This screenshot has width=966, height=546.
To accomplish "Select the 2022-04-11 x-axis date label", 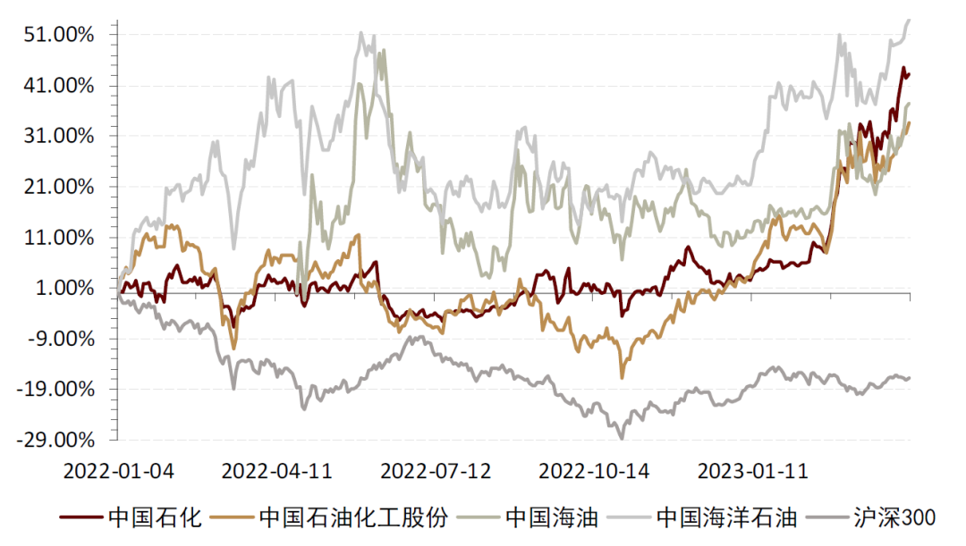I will pyautogui.click(x=276, y=470).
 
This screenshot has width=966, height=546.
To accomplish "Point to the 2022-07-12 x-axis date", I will pyautogui.click(x=436, y=470).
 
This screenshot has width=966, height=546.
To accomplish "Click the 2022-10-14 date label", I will pyautogui.click(x=595, y=470).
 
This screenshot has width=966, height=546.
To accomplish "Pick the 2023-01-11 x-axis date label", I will pyautogui.click(x=752, y=470).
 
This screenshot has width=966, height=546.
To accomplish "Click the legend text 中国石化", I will pyautogui.click(x=155, y=517).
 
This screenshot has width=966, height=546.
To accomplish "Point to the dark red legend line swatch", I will pyautogui.click(x=81, y=517).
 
